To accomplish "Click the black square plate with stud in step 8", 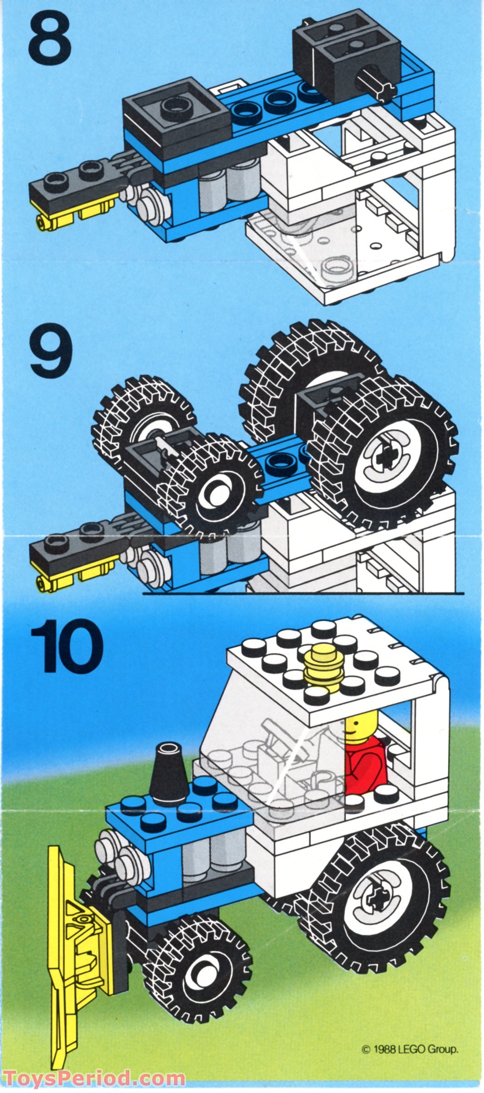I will click(x=175, y=109).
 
